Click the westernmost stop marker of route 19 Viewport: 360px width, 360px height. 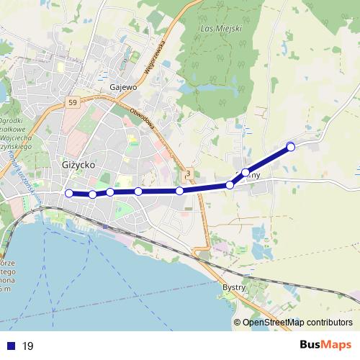coord(69,193)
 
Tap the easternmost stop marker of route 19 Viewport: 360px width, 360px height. coord(291,147)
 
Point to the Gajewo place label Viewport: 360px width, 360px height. coord(123,88)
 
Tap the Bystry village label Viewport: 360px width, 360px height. coord(234,287)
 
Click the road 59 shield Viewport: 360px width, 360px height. coord(73,104)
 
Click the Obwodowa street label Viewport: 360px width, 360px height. coord(142,120)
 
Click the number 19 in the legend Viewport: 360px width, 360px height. coord(28,346)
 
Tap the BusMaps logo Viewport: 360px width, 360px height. coord(321,345)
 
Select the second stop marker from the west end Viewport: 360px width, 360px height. coord(93,194)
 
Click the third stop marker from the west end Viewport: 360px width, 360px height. coord(110,192)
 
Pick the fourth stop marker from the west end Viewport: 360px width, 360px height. coord(138,192)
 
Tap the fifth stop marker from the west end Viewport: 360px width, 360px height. coord(179,191)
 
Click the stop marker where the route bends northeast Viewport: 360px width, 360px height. coord(230,185)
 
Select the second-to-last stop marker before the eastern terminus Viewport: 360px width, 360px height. coord(246,172)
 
